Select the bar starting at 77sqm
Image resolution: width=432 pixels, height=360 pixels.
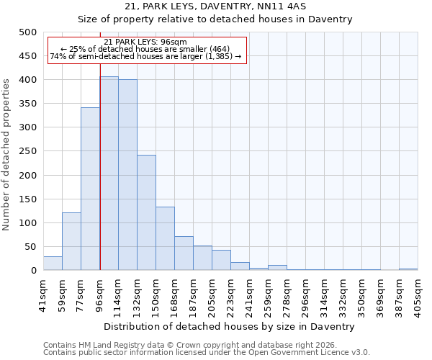90,189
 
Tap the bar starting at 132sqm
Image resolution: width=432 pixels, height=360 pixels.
146,212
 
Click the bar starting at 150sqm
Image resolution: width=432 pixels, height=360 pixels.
165,238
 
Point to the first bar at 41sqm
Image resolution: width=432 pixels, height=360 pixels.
53,263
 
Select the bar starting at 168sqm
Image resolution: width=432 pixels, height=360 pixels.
184,253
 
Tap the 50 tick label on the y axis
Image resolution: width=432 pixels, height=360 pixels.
30,247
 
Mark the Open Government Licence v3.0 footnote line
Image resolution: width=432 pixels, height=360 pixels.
206,353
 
